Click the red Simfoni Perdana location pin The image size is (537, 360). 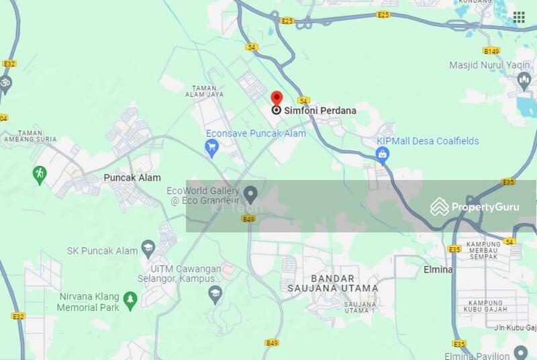coord(277,99)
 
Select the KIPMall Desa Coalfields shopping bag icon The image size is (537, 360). coord(383,156)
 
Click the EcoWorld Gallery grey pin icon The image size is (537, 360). coord(250,195)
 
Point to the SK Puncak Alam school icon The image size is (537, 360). coord(148,251)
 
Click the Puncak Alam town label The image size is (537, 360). coord(132,178)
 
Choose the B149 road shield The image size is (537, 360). coord(491,50)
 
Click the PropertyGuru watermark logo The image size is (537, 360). coord(475,207)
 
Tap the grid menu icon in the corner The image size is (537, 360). coord(519,17)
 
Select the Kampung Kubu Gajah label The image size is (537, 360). coord(486,307)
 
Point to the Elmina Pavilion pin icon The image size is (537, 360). coord(521,352)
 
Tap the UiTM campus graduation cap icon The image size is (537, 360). coord(215,292)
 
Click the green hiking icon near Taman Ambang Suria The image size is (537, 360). coord(40,175)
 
